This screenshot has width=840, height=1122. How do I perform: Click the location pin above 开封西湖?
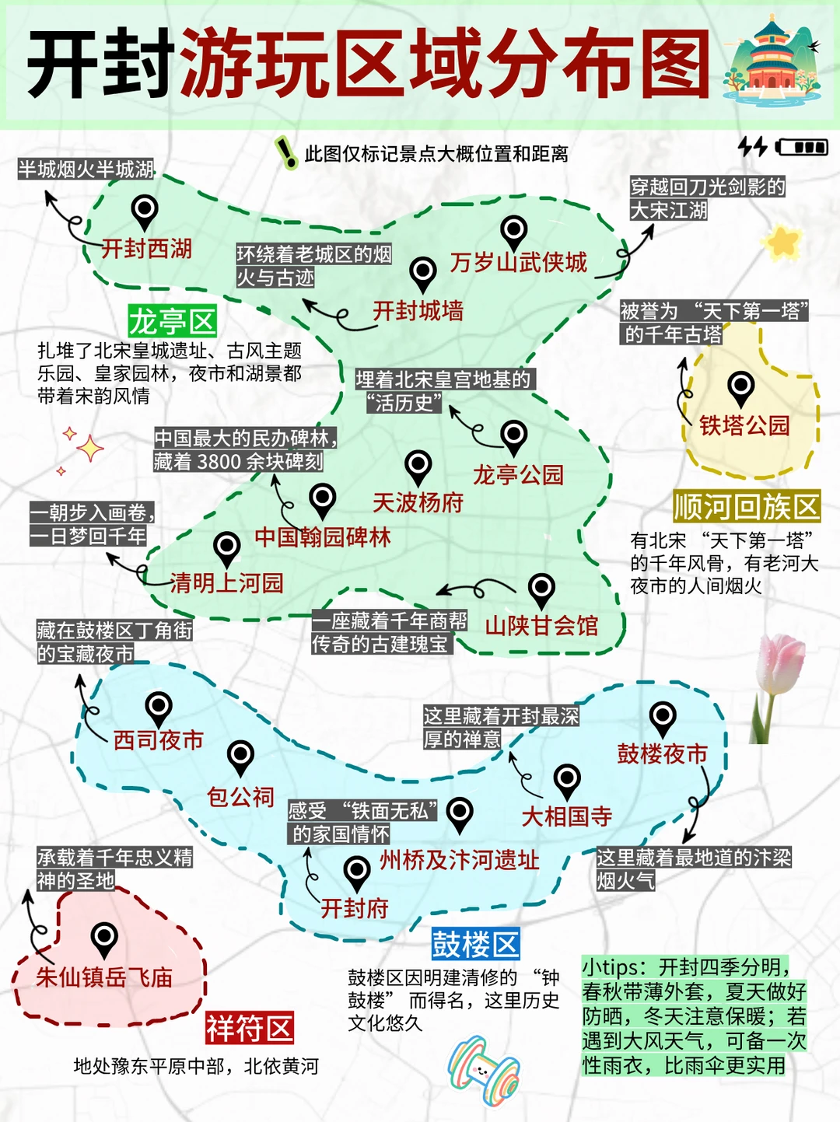point(145,211)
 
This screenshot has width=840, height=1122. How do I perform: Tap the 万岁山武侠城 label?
point(518,263)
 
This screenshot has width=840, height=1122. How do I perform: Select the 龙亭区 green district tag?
point(172,320)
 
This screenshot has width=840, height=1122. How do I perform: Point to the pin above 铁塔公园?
point(740,387)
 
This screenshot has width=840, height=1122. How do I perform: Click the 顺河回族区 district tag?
point(747,507)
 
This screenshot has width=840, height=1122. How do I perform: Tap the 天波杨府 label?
point(418,503)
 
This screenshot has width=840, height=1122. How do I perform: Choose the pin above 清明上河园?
point(227,547)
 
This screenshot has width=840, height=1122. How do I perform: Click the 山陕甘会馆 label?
point(541,625)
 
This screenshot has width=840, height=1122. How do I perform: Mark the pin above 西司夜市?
point(159,708)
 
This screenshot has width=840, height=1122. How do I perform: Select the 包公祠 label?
point(240,797)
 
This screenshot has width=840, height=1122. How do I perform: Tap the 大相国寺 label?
point(566,816)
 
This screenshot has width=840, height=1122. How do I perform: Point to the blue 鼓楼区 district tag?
point(475,945)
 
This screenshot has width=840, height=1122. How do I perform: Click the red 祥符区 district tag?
point(250,1028)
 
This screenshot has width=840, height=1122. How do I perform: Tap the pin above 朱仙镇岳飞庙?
point(104,938)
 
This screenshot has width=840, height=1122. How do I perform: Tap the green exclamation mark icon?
point(287,152)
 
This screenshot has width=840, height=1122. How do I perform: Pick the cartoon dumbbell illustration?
point(483,1069)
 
